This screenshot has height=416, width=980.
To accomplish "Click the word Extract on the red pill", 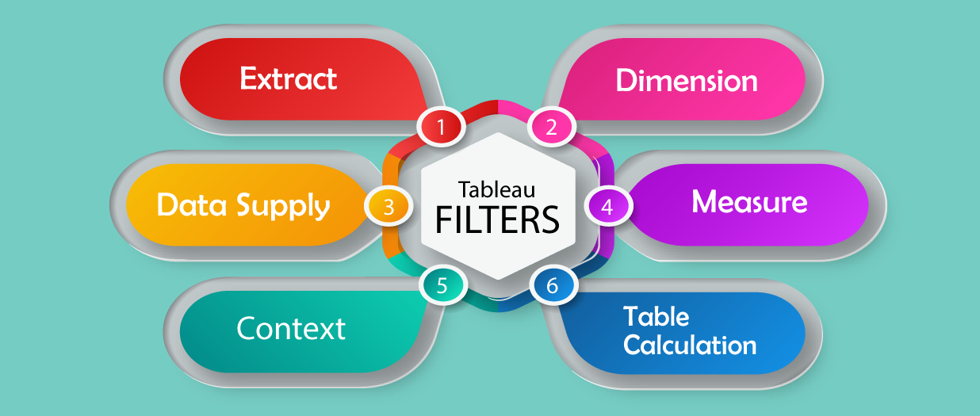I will [x=289, y=79].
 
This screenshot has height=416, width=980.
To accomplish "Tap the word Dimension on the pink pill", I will [x=687, y=81].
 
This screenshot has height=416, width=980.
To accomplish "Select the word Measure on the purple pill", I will [x=749, y=202].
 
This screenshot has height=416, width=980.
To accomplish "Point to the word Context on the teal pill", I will [x=291, y=328].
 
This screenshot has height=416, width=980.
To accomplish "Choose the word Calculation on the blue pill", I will [x=689, y=345].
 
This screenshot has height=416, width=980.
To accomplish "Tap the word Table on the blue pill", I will [x=656, y=317].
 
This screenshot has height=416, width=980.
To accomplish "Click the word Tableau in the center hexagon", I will [x=496, y=190].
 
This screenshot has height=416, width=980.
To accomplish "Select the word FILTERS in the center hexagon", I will [x=497, y=219].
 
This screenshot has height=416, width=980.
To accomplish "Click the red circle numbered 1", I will [x=442, y=126].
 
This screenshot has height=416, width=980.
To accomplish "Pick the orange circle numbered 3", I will [x=389, y=207].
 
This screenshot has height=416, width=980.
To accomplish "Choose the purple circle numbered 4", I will [x=607, y=207].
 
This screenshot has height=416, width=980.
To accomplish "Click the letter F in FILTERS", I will [x=445, y=219].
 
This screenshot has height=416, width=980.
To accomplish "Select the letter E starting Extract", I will [x=249, y=79].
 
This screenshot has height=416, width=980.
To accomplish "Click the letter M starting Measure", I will [x=705, y=202].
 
